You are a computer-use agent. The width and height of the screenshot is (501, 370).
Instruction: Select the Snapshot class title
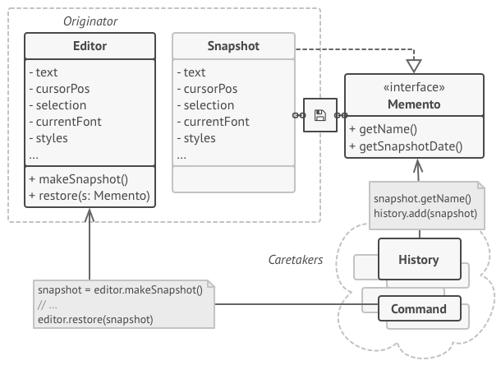pyautogui.click(x=233, y=46)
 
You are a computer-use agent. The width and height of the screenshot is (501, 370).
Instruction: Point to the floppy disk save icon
pyautogui.click(x=320, y=115)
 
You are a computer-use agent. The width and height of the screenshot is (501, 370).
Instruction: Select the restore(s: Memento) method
pyautogui.click(x=89, y=196)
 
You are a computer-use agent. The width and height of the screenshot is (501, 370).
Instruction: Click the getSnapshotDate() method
pyautogui.click(x=406, y=146)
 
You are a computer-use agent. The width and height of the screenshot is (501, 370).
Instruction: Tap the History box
pyautogui.click(x=418, y=260)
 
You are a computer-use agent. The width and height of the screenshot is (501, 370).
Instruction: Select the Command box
pyautogui.click(x=418, y=309)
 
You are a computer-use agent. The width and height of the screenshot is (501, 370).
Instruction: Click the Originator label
pyautogui.click(x=90, y=20)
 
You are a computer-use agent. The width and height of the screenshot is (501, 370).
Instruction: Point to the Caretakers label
pyautogui.click(x=296, y=260)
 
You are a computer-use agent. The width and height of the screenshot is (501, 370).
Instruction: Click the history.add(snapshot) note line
pyautogui.click(x=425, y=213)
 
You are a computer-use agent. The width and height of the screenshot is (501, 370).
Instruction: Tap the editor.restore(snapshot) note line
pyautogui.click(x=95, y=319)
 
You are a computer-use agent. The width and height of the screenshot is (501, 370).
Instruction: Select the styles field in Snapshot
pyautogui.click(x=200, y=138)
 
